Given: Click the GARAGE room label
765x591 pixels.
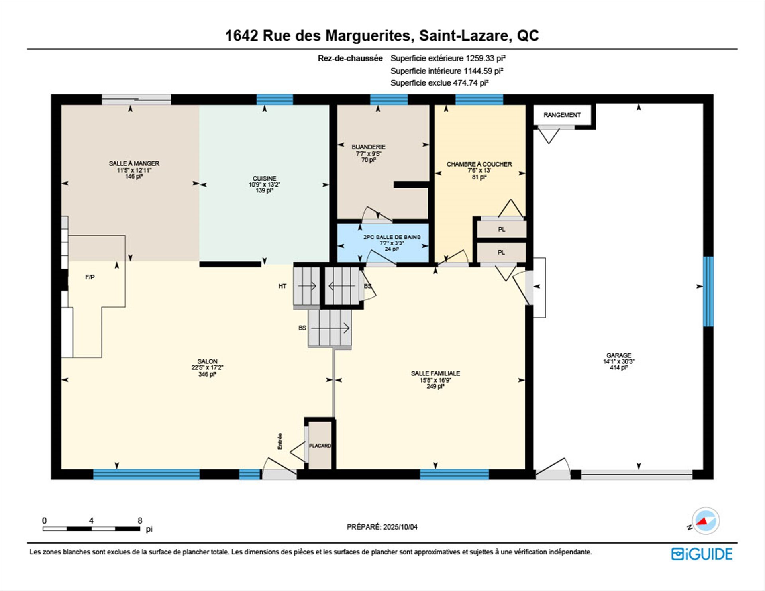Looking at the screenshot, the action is tap(618, 355).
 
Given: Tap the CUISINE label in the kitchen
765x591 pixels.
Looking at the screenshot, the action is tap(264, 178).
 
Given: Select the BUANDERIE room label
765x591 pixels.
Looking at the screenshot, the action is tap(369, 147).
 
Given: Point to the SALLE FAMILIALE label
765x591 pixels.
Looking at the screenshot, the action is tap(435, 373).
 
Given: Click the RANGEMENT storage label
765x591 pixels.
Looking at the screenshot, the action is tap(562, 115).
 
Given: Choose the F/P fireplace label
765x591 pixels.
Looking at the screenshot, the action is tap(90, 277).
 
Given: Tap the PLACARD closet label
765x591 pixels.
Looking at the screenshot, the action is tap(320, 446).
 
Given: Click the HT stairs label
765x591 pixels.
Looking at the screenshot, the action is tap(282, 286).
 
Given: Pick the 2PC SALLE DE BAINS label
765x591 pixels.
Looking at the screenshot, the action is tap(392, 237).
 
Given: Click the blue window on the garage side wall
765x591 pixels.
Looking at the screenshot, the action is tap(708, 291).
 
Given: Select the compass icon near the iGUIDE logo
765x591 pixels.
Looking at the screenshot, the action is tap(706, 521).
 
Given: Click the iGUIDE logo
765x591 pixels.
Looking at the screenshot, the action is tap(702, 554).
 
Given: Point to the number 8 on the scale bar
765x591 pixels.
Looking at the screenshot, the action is tap(140, 520).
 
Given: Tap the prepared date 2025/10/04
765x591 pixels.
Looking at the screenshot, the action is tap(400, 527).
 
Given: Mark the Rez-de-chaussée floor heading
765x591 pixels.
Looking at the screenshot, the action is tap(350, 58).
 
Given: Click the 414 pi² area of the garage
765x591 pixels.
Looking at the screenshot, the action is tap(618, 367).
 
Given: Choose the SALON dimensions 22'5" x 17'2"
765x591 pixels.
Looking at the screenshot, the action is tap(207, 367).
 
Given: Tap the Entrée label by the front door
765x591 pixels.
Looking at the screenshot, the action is tap(280, 441).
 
